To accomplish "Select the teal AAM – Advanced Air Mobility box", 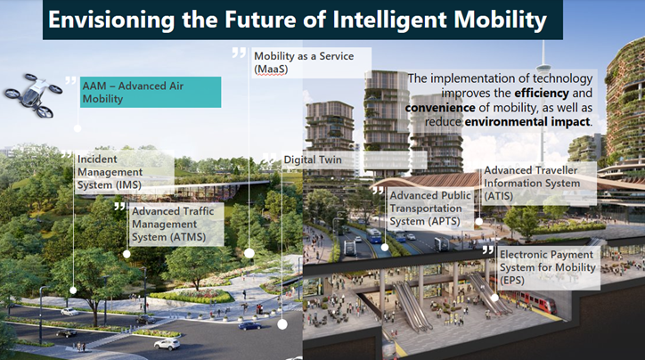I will (148, 92).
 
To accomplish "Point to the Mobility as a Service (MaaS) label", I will (303, 62).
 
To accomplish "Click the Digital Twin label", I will (312, 160).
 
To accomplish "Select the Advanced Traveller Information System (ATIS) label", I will (530, 183).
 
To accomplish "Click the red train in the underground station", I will (535, 304).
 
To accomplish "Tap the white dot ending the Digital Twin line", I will (282, 324).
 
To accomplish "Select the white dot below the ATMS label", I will (127, 254).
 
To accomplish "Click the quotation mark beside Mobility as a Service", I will (239, 53).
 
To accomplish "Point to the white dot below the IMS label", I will (73, 290).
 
